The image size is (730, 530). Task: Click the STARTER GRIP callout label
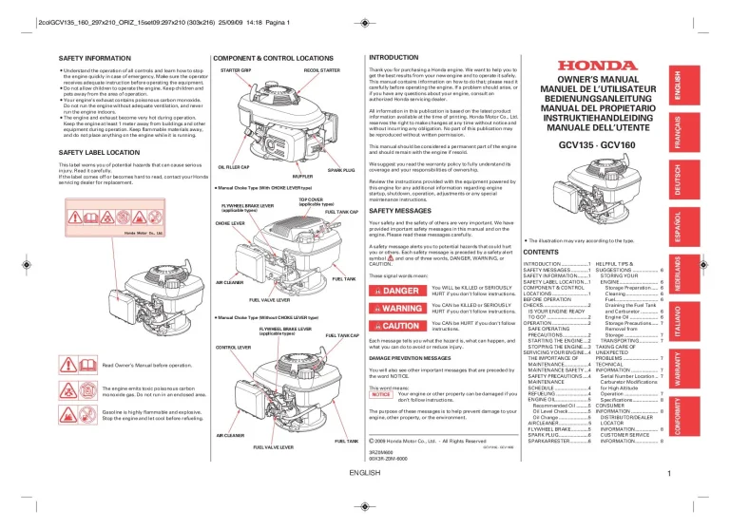(x=235, y=71)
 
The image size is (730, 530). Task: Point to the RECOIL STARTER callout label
(x=322, y=71)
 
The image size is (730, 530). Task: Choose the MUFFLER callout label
(x=303, y=177)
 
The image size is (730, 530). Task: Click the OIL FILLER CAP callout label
(x=234, y=167)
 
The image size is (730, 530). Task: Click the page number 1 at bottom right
(x=669, y=473)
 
